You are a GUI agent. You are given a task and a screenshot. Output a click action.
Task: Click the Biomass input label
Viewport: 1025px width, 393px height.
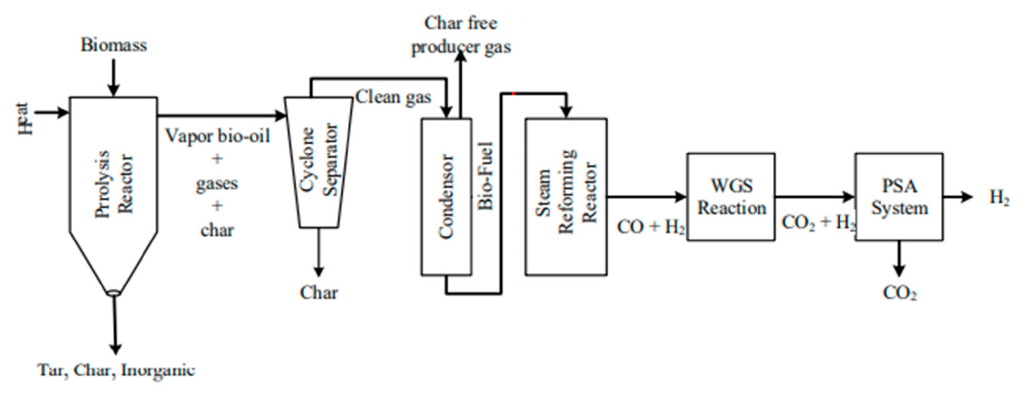tap(114, 45)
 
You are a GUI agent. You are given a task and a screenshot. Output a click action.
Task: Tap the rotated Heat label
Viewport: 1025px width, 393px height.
tap(25, 119)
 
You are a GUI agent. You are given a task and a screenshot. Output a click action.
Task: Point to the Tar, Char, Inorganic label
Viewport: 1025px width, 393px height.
tap(116, 370)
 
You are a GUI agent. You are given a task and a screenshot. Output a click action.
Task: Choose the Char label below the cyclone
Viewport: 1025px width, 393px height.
tap(318, 293)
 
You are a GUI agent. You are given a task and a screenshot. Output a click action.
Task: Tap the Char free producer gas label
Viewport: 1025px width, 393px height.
tap(461, 35)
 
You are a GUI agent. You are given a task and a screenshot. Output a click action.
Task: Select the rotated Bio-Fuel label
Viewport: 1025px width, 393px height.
tap(486, 176)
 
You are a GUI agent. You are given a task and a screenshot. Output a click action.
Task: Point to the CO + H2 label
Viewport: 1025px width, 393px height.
tap(651, 227)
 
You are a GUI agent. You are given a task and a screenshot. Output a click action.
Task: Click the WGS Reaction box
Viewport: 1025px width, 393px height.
tap(731, 197)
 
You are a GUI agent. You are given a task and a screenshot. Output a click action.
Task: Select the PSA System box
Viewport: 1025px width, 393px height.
tap(899, 197)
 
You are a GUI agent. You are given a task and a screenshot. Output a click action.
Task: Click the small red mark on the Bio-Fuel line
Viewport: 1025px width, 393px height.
tap(513, 94)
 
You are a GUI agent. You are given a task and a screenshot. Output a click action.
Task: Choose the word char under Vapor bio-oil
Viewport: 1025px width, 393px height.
tap(217, 230)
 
